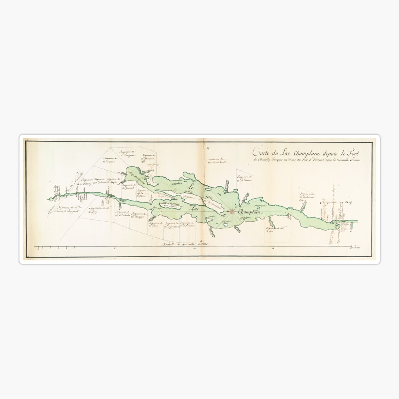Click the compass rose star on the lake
pyautogui.click(x=233, y=211)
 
